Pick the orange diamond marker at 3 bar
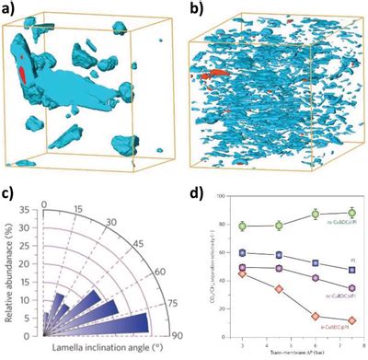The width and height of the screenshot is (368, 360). pyautogui.click(x=242, y=274)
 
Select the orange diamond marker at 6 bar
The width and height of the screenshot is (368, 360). pyautogui.click(x=316, y=316)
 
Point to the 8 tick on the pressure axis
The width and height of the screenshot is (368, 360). pyautogui.click(x=364, y=344)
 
